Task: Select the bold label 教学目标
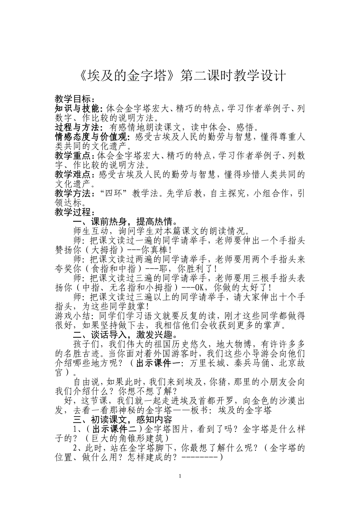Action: pyautogui.click(x=73, y=99)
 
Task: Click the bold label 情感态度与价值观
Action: pyautogui.click(x=91, y=136)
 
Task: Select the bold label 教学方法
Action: pyautogui.click(x=73, y=193)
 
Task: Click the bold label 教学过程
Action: pyautogui.click(x=73, y=211)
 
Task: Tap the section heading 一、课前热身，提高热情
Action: pyautogui.click(x=125, y=221)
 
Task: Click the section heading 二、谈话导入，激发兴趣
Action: pyautogui.click(x=125, y=335)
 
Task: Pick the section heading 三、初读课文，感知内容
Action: pyautogui.click(x=123, y=419)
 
